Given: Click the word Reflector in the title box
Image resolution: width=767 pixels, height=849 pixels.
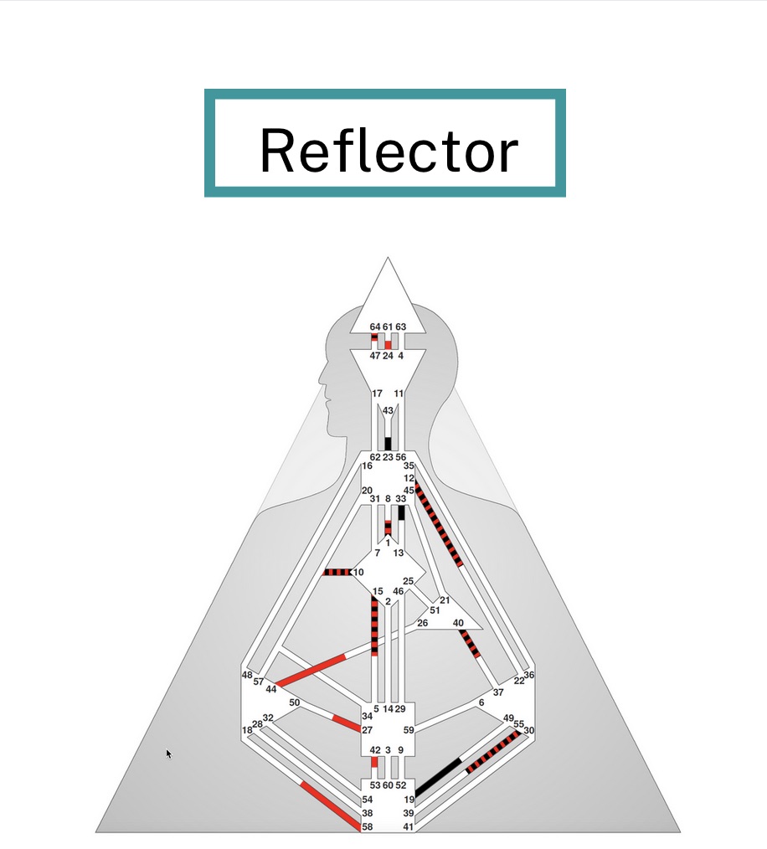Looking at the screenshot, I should click(x=389, y=151).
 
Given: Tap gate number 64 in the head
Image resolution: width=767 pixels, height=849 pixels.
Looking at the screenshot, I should click(x=375, y=327).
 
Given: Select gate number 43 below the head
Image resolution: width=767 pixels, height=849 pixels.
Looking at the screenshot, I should click(x=388, y=410).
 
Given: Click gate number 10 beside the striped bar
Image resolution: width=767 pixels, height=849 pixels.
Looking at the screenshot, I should click(x=358, y=572).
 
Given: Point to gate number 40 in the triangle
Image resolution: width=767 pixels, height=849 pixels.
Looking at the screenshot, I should click(x=458, y=623).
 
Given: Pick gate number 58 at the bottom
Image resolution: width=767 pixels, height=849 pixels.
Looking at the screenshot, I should click(x=367, y=826).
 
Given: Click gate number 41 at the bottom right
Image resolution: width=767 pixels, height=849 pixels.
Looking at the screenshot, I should click(x=408, y=826).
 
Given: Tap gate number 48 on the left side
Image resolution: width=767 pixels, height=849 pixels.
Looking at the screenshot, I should click(x=247, y=675).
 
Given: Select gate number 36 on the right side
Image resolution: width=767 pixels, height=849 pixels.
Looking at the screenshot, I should click(x=528, y=675).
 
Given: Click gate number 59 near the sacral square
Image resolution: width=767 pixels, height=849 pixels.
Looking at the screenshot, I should click(x=409, y=730).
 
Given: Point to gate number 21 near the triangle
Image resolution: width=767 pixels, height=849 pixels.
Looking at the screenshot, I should click(x=445, y=600).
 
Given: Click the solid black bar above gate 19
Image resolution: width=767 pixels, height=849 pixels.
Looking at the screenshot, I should click(x=438, y=777).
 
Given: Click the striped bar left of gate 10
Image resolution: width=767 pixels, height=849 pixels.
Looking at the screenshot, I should click(x=337, y=572).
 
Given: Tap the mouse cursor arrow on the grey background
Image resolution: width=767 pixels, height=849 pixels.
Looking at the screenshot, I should click(x=168, y=754).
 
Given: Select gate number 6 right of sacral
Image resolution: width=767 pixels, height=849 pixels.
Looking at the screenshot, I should click(x=481, y=702).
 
